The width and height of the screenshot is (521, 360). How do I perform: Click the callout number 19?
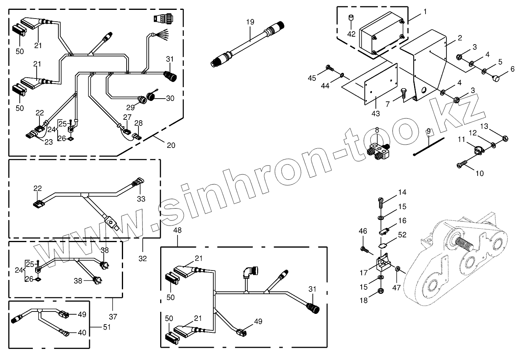[250, 22]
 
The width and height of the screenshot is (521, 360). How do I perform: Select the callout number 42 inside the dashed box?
[351, 34]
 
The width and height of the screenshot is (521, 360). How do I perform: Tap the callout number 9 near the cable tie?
[428, 131]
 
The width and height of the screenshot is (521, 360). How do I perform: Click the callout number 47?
[396, 287]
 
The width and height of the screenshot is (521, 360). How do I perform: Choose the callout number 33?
[141, 199]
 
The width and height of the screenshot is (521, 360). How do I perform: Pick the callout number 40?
[82, 332]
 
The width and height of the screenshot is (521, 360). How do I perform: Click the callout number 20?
[170, 145]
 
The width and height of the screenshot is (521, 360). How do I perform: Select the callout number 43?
[375, 113]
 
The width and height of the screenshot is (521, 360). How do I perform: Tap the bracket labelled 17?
[382, 263]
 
